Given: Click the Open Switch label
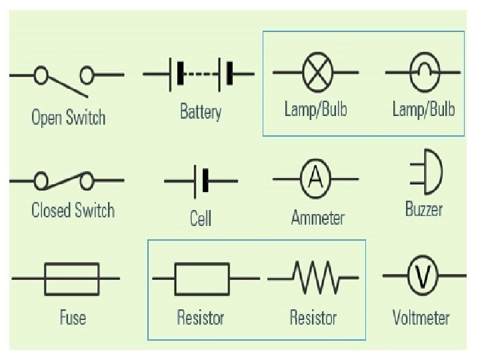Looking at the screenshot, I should coord(69,118).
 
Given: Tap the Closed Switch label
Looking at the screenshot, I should coord(73,211).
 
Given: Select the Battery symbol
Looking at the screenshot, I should coord(199,73).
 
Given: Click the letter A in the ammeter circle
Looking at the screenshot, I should coord(317,177).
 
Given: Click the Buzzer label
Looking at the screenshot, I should coord(424,209).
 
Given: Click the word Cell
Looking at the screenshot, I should coord(201,218).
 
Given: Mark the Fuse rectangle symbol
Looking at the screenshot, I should coord(71,278).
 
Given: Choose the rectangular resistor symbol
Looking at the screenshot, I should coord(202,278).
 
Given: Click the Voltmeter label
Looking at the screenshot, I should coord(421,317).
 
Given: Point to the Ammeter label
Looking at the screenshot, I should coord(318,218).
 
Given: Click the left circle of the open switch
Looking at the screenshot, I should coord(41,75).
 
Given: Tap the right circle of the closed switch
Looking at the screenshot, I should coord(87,180).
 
